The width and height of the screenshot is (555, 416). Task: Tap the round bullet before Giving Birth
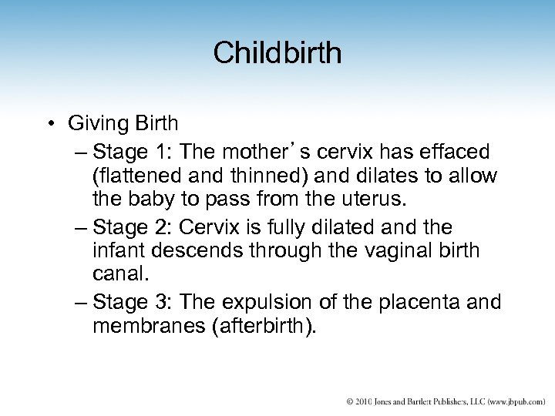click(50, 122)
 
